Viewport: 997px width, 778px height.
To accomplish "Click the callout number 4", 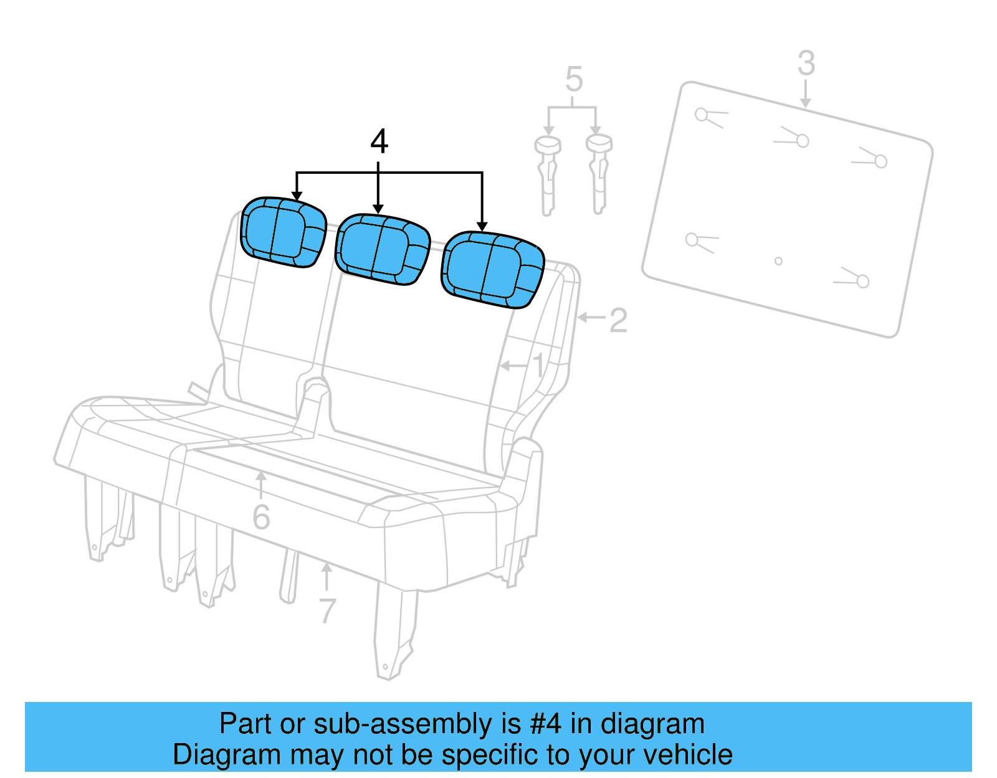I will (x=379, y=141).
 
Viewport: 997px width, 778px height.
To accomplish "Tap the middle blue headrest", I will (x=382, y=249).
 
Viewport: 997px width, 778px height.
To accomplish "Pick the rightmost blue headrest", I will (x=492, y=269).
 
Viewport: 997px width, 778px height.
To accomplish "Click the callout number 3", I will (x=806, y=64).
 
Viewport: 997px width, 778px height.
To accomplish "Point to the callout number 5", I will (x=573, y=80).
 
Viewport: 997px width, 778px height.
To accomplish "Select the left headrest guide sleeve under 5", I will (x=548, y=174).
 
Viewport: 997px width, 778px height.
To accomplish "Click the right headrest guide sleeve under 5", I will (x=599, y=174).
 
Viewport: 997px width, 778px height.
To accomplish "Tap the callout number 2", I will (x=618, y=321).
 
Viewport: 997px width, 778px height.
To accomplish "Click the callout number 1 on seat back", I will (x=538, y=366).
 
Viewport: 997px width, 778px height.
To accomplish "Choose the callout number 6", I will (x=261, y=518).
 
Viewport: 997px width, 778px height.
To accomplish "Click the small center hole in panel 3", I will (x=778, y=261).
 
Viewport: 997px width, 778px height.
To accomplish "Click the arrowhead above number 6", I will (x=261, y=477).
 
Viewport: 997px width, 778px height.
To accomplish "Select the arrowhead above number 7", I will (x=327, y=567).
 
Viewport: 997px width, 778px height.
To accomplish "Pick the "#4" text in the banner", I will (x=546, y=724).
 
